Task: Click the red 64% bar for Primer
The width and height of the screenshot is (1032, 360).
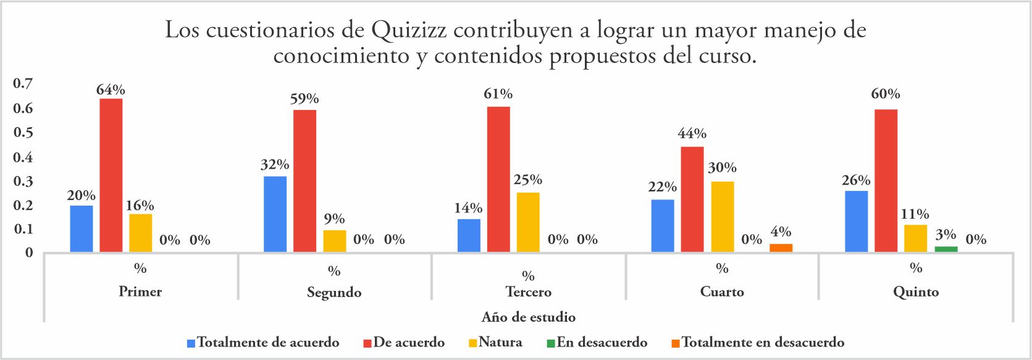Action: (x=111, y=175)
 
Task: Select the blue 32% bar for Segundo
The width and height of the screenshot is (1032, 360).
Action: (x=275, y=214)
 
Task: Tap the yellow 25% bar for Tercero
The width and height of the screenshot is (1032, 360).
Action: (x=528, y=222)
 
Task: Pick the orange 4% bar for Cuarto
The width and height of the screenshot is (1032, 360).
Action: (x=781, y=248)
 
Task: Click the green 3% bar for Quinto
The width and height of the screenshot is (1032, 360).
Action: (x=946, y=249)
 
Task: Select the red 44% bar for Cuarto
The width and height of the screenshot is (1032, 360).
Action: (x=692, y=199)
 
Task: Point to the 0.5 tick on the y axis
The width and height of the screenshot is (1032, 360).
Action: (x=23, y=133)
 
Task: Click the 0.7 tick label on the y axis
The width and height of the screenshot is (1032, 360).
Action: (x=23, y=83)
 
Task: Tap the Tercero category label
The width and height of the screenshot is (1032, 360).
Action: (x=528, y=291)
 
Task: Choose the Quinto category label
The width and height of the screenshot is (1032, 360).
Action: (x=915, y=291)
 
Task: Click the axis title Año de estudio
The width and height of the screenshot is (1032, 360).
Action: (x=528, y=317)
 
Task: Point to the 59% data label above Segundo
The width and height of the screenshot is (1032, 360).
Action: (x=304, y=99)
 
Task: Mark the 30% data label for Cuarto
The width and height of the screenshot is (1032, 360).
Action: (x=722, y=167)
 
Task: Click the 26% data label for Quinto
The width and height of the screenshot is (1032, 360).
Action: (x=855, y=180)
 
